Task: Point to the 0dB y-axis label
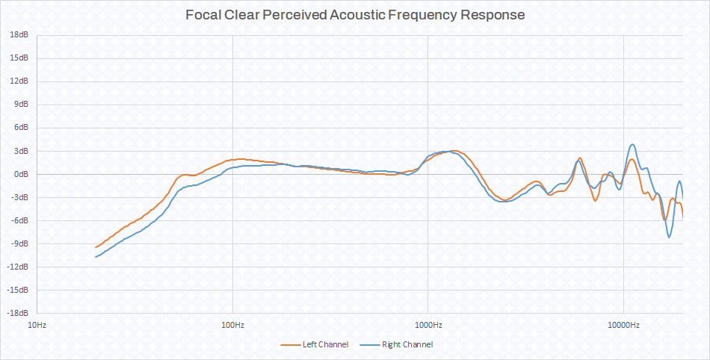pyautogui.click(x=22, y=174)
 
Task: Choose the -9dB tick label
pyautogui.click(x=21, y=243)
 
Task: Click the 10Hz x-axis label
pyautogui.click(x=37, y=325)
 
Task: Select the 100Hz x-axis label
pyautogui.click(x=232, y=325)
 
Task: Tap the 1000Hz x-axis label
pyautogui.click(x=427, y=325)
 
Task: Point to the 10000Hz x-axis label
pyautogui.click(x=623, y=325)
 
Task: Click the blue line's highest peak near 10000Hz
pyautogui.click(x=633, y=144)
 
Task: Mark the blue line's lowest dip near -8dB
pyautogui.click(x=670, y=237)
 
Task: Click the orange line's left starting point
pyautogui.click(x=96, y=247)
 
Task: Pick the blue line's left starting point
pyautogui.click(x=96, y=257)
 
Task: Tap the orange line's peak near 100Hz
pyautogui.click(x=239, y=159)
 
